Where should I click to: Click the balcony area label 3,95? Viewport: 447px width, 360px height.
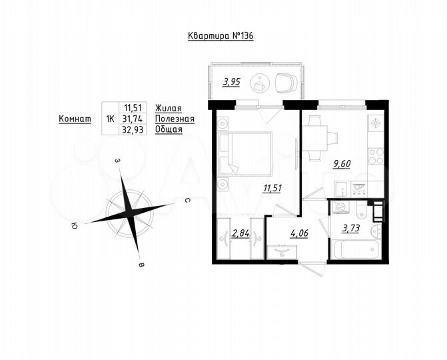(230, 83)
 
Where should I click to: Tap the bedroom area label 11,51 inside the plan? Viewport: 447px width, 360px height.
(272, 187)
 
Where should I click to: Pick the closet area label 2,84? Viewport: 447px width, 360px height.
(239, 233)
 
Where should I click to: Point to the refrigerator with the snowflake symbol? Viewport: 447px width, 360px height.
(376, 123)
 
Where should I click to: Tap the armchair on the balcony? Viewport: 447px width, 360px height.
(286, 82)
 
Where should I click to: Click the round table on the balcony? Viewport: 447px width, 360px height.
(259, 84)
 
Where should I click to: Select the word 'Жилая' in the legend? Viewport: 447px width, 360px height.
(168, 107)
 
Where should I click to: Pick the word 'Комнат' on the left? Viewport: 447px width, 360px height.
(75, 119)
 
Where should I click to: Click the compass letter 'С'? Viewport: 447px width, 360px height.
(189, 199)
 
